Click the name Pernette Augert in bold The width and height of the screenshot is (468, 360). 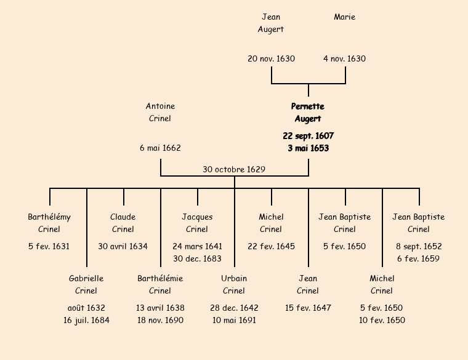coord(308,113)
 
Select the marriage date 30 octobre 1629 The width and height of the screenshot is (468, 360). coord(234,169)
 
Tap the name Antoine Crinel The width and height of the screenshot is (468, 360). coord(160,113)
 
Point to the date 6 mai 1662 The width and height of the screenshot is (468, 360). coord(160,148)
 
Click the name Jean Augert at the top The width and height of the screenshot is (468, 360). coord(271,23)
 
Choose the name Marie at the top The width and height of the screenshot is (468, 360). coord(345,17)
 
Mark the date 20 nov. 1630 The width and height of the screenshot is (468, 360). coord(271,59)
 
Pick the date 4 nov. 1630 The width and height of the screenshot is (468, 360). coord(345,59)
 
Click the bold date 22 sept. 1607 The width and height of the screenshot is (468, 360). coord(308,135)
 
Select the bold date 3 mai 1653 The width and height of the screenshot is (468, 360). coord(308,148)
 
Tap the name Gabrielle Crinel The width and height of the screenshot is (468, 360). coord(86,284)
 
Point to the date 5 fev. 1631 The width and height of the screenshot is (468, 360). coord(49,246)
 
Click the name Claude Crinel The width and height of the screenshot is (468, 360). coord(123,223)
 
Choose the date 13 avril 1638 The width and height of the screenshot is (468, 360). coord(160,308)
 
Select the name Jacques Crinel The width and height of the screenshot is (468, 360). coord(197,223)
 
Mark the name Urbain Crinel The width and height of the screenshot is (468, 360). coord(234,284)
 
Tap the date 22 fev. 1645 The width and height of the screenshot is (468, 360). coord(271,246)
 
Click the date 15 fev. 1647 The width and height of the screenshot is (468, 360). coord(308,308)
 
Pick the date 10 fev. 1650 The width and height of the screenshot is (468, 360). coord(382,320)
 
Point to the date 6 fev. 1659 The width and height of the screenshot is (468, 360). coord(419,258)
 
